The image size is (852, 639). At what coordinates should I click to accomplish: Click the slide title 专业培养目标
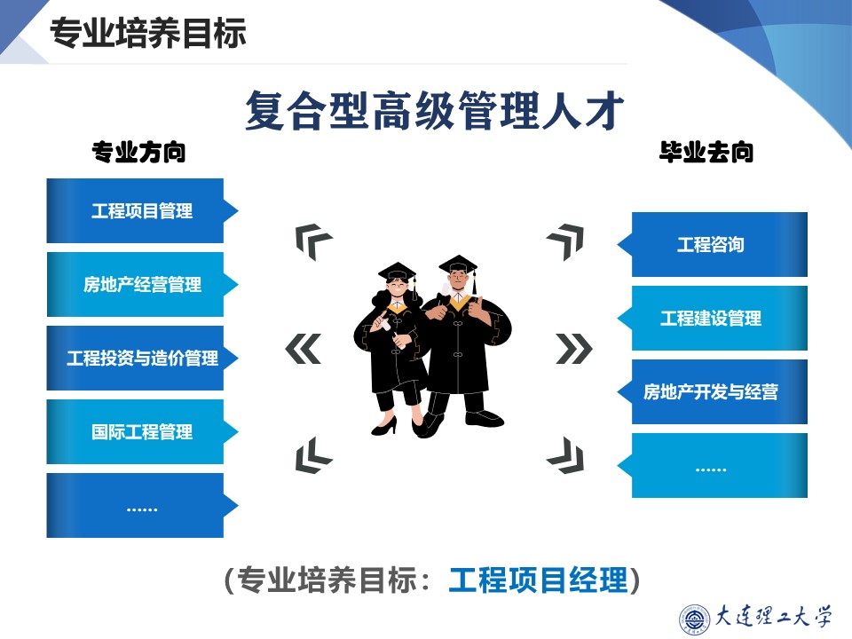click(x=148, y=33)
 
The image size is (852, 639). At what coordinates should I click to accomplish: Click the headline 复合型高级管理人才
click(x=434, y=110)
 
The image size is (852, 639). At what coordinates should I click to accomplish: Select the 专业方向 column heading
click(x=139, y=152)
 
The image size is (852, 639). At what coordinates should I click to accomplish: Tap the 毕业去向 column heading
click(x=706, y=152)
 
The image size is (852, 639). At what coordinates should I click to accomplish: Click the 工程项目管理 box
click(x=142, y=211)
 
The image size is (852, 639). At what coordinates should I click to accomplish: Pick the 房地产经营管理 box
click(x=142, y=284)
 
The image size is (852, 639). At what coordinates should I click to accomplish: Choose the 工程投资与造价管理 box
click(x=142, y=358)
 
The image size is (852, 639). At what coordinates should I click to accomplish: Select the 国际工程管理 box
click(x=142, y=432)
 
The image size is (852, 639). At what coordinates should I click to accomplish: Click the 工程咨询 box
click(x=713, y=245)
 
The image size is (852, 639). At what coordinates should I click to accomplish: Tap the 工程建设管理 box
click(x=713, y=318)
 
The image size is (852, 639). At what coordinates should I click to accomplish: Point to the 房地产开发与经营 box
click(x=713, y=391)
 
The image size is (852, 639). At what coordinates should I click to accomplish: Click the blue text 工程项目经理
click(x=538, y=580)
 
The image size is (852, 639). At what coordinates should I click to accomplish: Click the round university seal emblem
click(x=694, y=619)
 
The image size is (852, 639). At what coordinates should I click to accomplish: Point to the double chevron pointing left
click(x=304, y=349)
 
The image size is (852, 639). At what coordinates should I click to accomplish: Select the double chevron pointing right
click(x=574, y=349)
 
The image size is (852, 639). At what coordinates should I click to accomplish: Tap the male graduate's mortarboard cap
click(x=458, y=264)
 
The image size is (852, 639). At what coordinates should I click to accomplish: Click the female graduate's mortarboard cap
click(x=398, y=272)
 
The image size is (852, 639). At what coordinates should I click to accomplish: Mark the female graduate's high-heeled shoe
click(x=384, y=426)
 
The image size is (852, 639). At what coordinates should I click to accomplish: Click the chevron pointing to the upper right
click(x=567, y=240)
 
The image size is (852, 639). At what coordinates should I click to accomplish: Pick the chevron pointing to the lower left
click(x=312, y=455)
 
